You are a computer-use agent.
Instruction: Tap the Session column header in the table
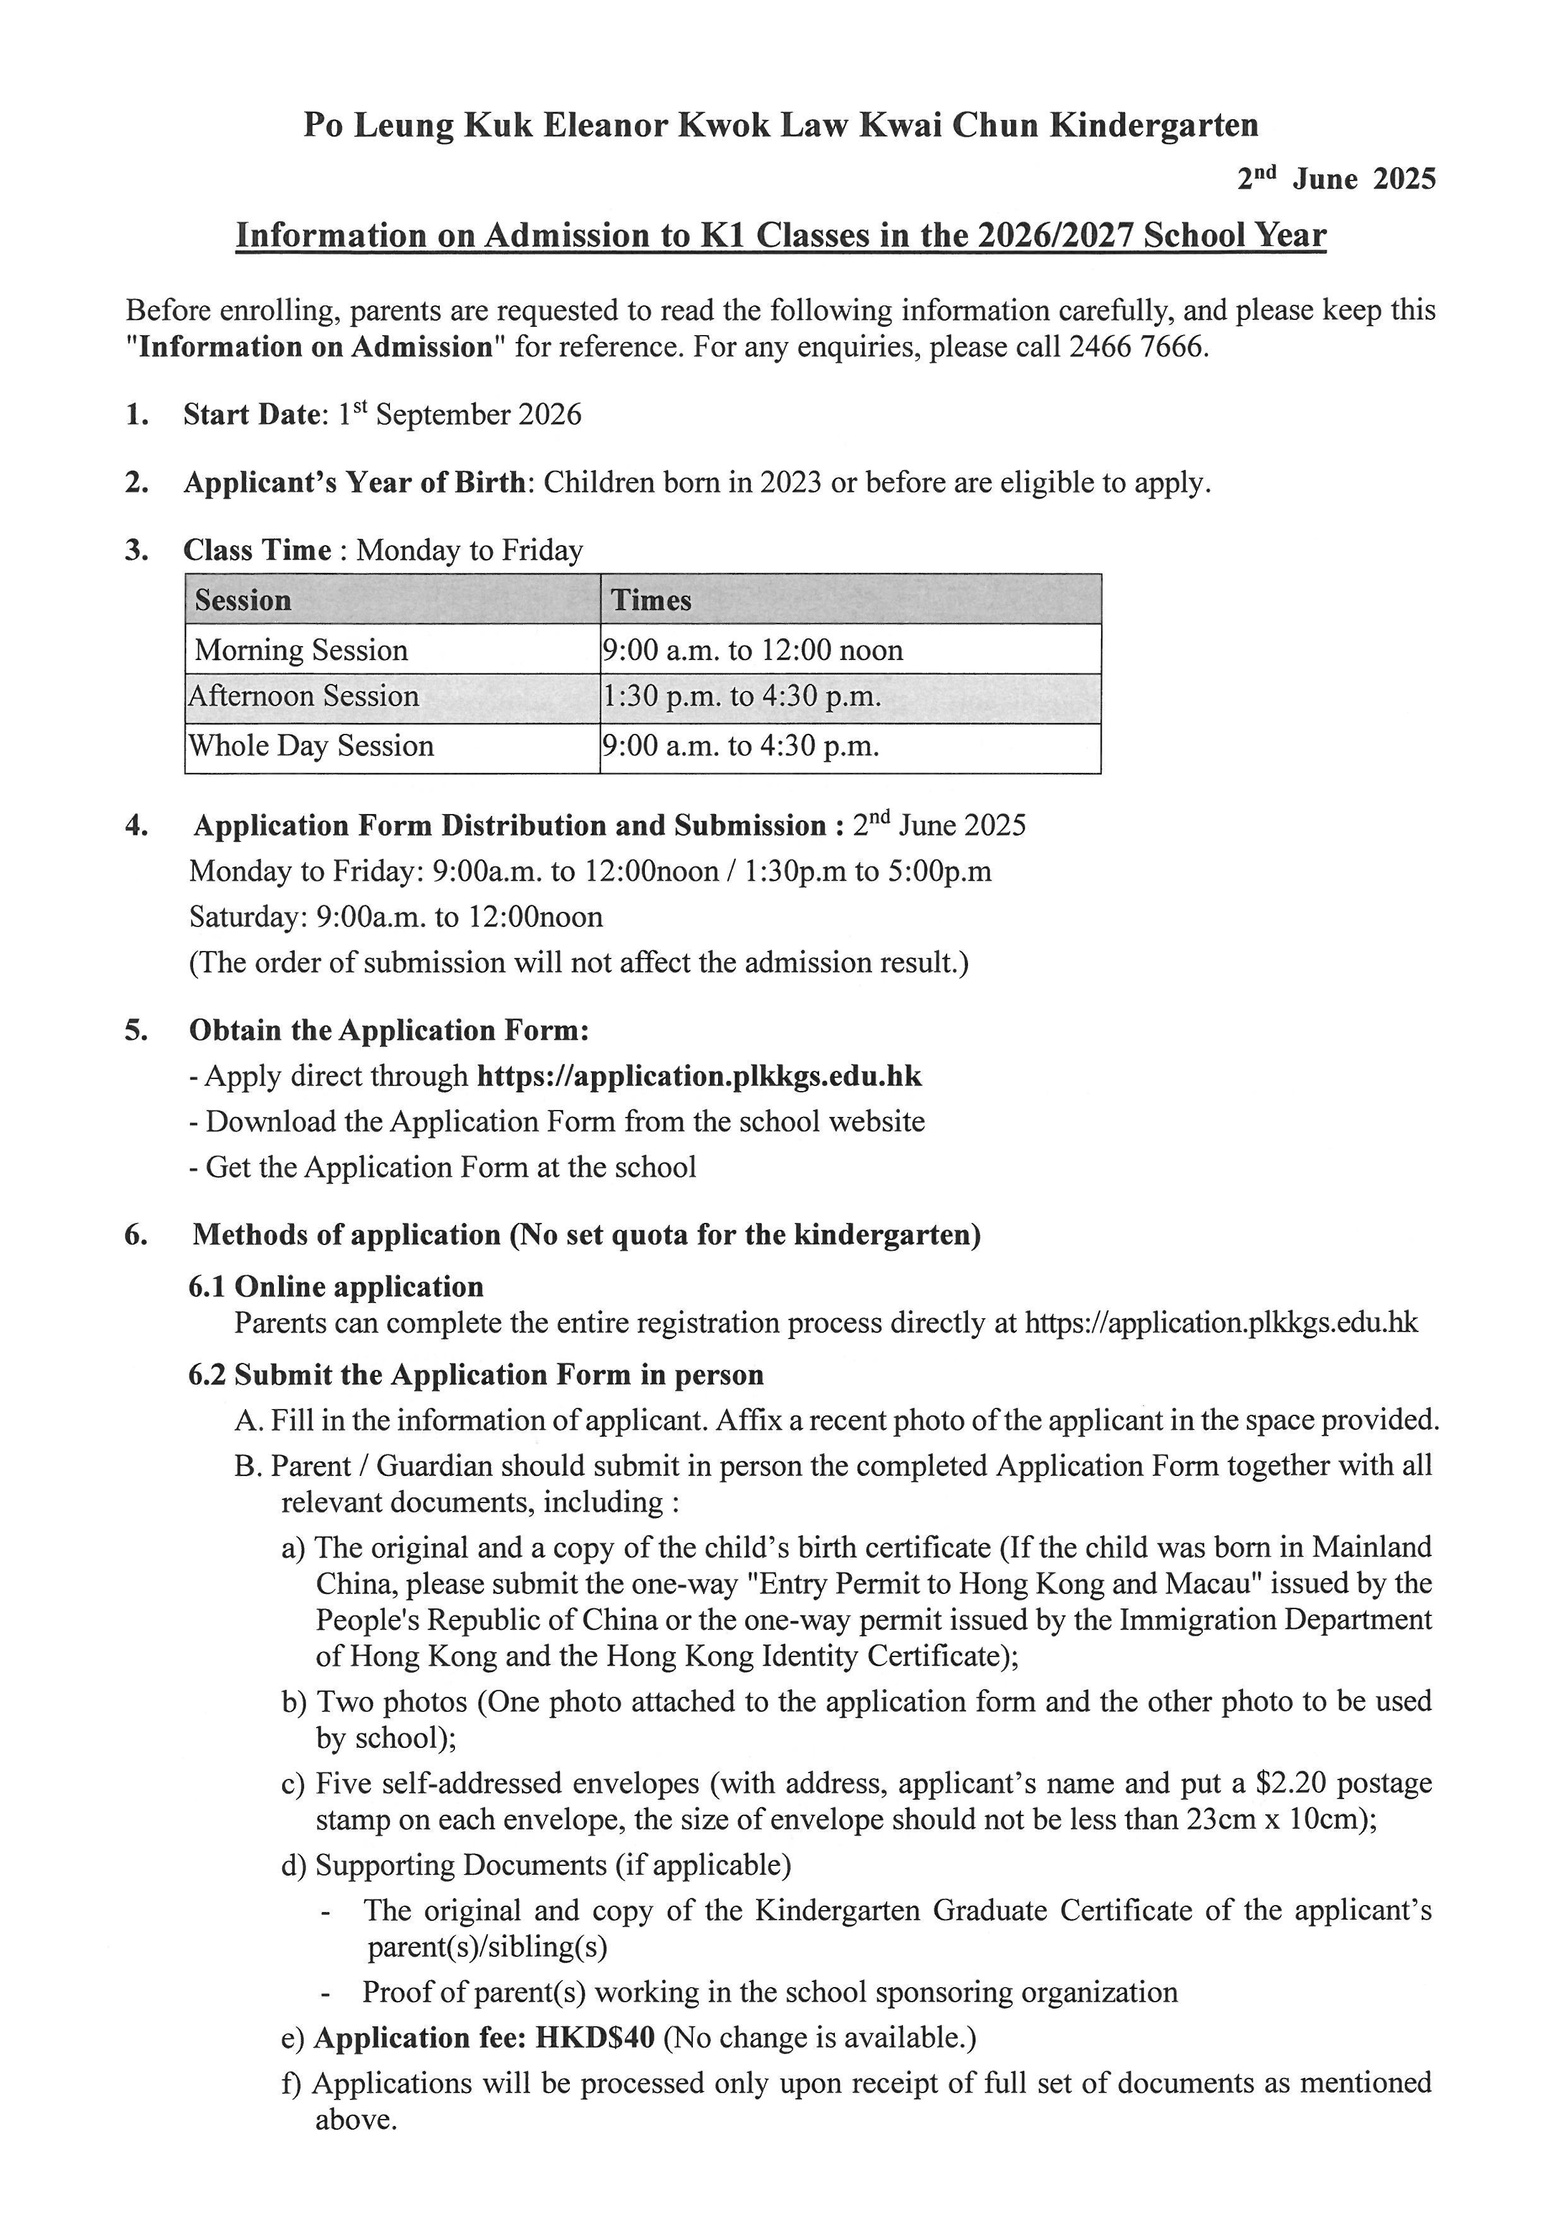(243, 601)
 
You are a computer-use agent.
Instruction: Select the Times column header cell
(651, 601)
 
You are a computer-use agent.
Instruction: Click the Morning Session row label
(302, 649)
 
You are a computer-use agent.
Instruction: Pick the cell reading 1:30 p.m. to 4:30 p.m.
(742, 697)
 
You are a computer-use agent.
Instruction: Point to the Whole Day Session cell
(311, 746)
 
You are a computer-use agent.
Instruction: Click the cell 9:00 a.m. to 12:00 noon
(753, 649)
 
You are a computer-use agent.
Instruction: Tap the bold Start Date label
(252, 415)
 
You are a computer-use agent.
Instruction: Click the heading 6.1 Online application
(336, 1287)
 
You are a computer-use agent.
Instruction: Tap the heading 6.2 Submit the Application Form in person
(476, 1374)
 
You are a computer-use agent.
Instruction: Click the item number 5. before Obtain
(136, 1030)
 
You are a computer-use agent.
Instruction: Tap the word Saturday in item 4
(249, 917)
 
